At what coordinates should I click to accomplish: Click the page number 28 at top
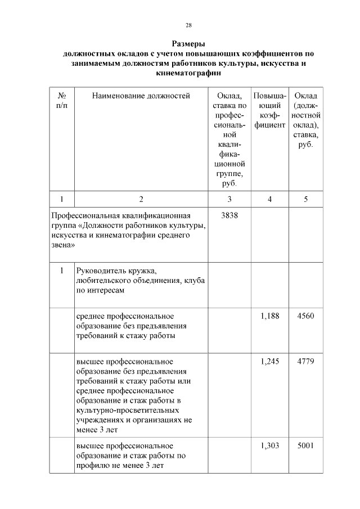pyautogui.click(x=189, y=25)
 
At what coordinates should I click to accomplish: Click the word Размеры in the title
pyautogui.click(x=188, y=44)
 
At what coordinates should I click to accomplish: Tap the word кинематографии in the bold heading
pyautogui.click(x=188, y=73)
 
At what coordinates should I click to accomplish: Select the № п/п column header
pyautogui.click(x=61, y=101)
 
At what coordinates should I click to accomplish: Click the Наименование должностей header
pyautogui.click(x=141, y=96)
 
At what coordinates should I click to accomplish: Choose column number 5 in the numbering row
pyautogui.click(x=305, y=199)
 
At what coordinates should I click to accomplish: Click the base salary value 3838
pyautogui.click(x=229, y=215)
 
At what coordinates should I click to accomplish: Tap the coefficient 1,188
pyautogui.click(x=270, y=316)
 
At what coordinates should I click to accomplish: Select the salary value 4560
pyautogui.click(x=306, y=316)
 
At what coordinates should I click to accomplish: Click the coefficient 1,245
pyautogui.click(x=270, y=361)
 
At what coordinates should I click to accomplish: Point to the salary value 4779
pyautogui.click(x=306, y=361)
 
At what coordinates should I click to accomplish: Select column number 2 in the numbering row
pyautogui.click(x=141, y=199)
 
